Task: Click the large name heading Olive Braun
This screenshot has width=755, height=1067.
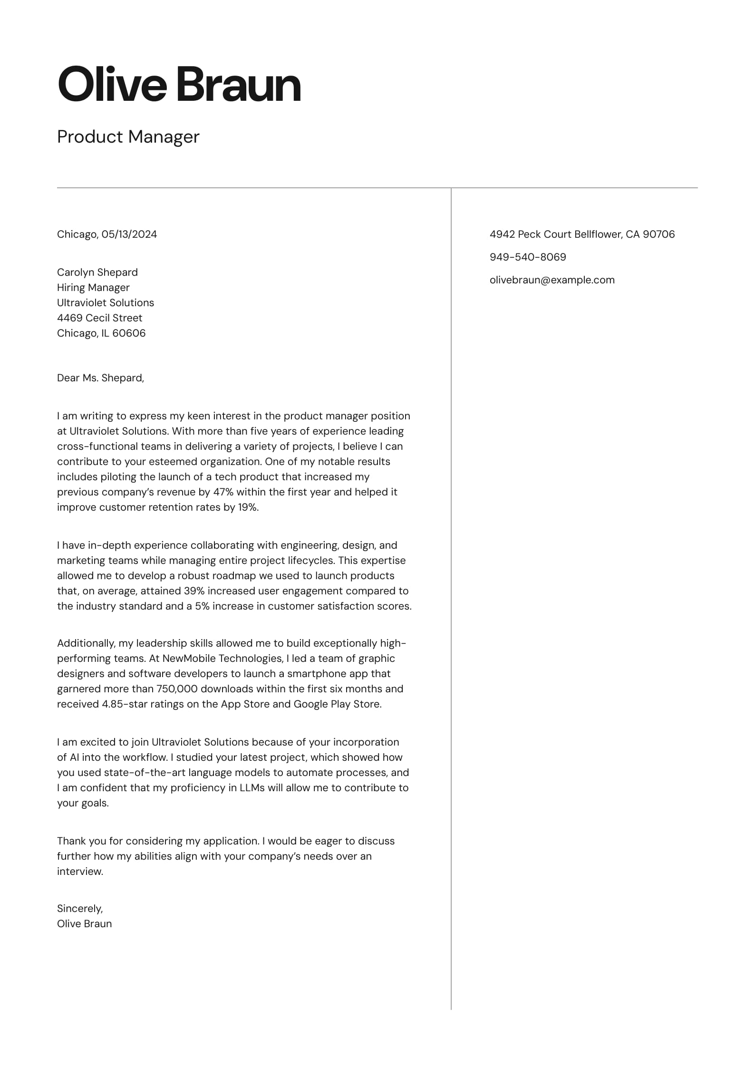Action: pyautogui.click(x=179, y=85)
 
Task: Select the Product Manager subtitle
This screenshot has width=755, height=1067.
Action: pyautogui.click(x=128, y=137)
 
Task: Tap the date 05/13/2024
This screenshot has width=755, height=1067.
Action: pyautogui.click(x=129, y=234)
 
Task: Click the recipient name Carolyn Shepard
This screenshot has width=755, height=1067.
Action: pyautogui.click(x=97, y=272)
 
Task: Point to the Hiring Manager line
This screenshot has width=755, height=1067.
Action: pyautogui.click(x=93, y=288)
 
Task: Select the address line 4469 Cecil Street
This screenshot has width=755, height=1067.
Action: pyautogui.click(x=99, y=318)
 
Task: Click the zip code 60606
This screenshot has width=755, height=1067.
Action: pyautogui.click(x=129, y=333)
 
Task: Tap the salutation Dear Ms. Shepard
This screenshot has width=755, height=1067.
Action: pyautogui.click(x=100, y=378)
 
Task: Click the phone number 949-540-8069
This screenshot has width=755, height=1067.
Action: pyautogui.click(x=528, y=257)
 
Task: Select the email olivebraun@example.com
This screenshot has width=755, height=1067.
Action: pyautogui.click(x=552, y=280)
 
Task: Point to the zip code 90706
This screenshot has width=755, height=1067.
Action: pyautogui.click(x=658, y=234)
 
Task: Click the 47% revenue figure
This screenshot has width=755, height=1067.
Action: pyautogui.click(x=223, y=492)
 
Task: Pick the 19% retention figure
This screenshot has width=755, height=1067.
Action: pyautogui.click(x=247, y=507)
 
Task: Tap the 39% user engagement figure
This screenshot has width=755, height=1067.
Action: pyautogui.click(x=194, y=591)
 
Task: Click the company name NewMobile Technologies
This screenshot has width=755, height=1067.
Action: pyautogui.click(x=223, y=659)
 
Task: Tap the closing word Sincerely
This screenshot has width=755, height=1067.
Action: pyautogui.click(x=79, y=909)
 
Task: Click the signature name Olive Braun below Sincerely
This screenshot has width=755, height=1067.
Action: pyautogui.click(x=84, y=924)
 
